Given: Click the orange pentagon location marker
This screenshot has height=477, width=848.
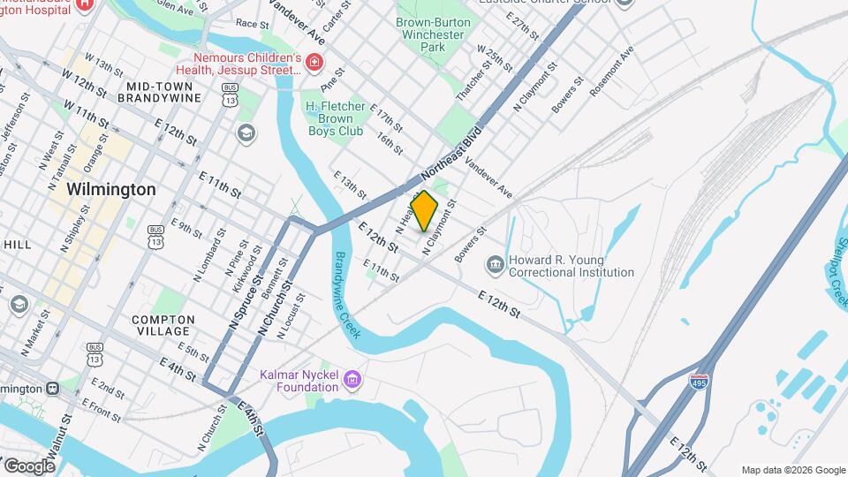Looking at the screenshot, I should [425, 211].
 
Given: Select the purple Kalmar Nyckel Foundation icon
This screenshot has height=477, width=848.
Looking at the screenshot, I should [353, 381].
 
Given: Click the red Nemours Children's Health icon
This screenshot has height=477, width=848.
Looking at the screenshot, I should [314, 63].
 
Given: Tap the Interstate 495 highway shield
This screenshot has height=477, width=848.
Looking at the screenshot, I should [698, 381].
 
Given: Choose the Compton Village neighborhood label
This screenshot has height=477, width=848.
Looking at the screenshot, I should [163, 326].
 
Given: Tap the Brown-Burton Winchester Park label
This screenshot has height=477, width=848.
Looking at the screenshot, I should [430, 34].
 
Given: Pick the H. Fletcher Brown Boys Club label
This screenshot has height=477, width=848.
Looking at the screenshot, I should [335, 118].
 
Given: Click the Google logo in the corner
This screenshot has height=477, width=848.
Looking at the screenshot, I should [29, 466].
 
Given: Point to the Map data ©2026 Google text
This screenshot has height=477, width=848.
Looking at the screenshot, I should [792, 470].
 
